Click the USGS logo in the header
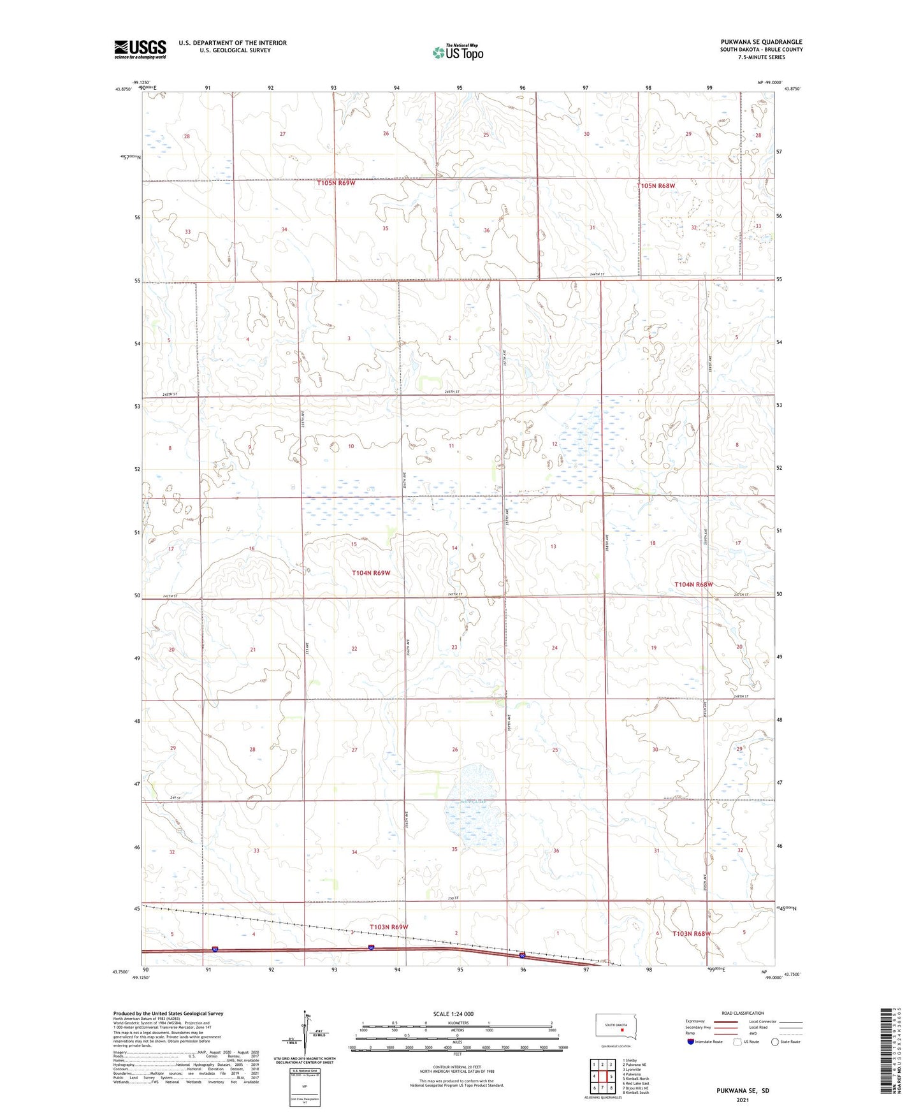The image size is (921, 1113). tap(140, 49)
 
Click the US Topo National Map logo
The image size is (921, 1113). tap(457, 52)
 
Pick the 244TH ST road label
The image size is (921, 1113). tap(597, 275)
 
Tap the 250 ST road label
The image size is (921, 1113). tap(453, 898)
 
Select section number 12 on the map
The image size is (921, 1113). tap(555, 444)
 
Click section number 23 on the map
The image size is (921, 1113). tap(454, 648)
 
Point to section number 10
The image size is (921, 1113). tap(351, 446)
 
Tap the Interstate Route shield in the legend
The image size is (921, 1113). tap(690, 1042)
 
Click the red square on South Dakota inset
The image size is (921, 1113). tap(622, 1029)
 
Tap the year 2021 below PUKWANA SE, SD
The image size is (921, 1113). tap(742, 1100)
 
